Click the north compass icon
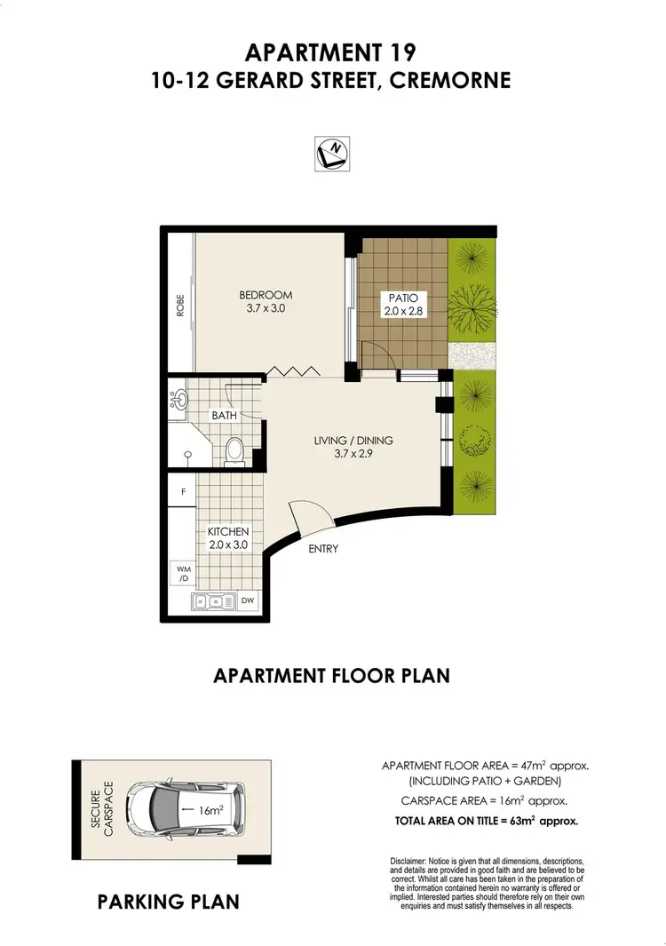tap(332, 154)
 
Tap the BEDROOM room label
tap(265, 302)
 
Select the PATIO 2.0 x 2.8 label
tap(403, 304)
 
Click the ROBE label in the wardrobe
tap(180, 305)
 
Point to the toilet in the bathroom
tap(235, 450)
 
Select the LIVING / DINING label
tap(353, 448)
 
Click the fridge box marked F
tap(183, 491)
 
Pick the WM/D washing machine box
tap(183, 573)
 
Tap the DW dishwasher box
tap(249, 601)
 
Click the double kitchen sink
tap(213, 601)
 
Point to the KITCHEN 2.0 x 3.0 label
tap(227, 538)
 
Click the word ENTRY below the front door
tap(323, 549)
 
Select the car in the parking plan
tap(185, 809)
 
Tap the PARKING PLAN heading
tap(168, 902)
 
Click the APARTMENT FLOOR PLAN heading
tap(332, 675)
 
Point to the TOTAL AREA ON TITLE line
tap(487, 822)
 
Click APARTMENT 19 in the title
tap(332, 52)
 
